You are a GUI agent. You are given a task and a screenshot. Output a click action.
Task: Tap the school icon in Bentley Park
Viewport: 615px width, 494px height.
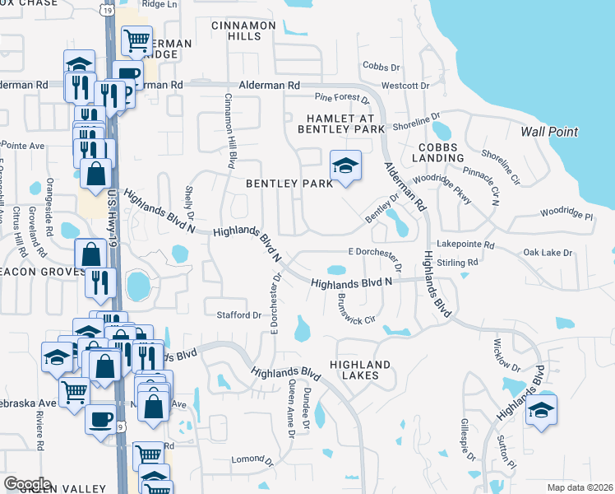(346, 166)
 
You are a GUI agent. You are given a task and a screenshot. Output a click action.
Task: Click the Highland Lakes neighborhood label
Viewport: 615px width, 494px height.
(360, 370)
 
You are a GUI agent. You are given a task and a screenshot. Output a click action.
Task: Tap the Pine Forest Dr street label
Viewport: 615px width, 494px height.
(342, 97)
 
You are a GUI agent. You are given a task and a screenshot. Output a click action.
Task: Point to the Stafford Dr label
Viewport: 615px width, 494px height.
(238, 315)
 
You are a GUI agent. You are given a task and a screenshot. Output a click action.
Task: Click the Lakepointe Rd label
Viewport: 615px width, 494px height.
(465, 245)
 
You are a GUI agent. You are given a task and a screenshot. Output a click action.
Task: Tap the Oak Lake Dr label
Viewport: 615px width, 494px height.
(548, 253)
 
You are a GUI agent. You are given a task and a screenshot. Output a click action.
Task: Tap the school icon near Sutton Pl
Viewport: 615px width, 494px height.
(541, 411)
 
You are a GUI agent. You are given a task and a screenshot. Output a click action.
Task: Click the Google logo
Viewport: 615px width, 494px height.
(27, 483)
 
